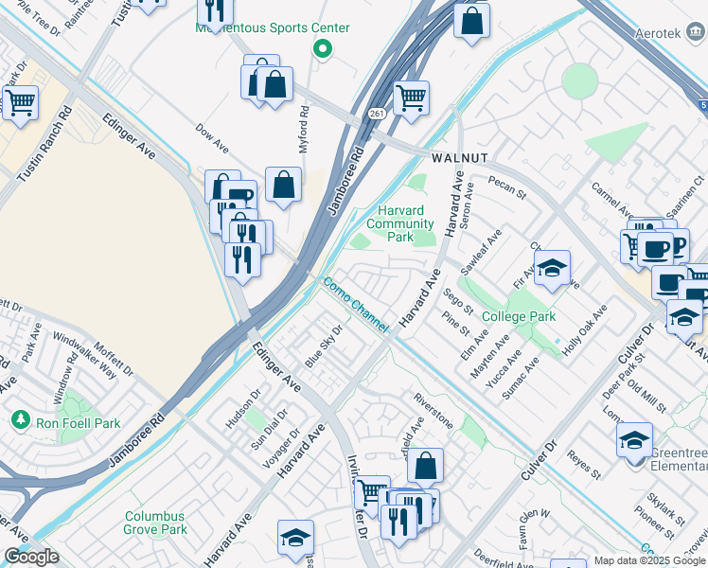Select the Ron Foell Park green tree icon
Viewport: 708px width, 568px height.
19,418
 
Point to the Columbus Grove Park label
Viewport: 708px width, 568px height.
155,523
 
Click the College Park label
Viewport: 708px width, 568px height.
518,316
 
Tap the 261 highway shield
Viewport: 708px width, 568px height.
376,114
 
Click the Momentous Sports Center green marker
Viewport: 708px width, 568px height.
323,49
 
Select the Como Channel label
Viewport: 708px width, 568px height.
356,304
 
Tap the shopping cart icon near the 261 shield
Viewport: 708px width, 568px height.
411,97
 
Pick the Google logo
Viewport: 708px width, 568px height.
31,556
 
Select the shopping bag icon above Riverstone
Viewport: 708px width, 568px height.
426,464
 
